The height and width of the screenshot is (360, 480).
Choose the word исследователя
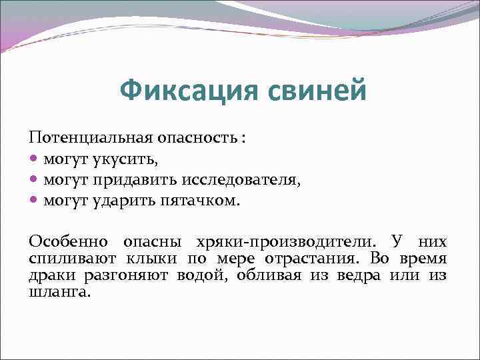[245, 180]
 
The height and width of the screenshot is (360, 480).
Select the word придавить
[131, 180]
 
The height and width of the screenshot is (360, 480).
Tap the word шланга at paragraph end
[58, 291]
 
